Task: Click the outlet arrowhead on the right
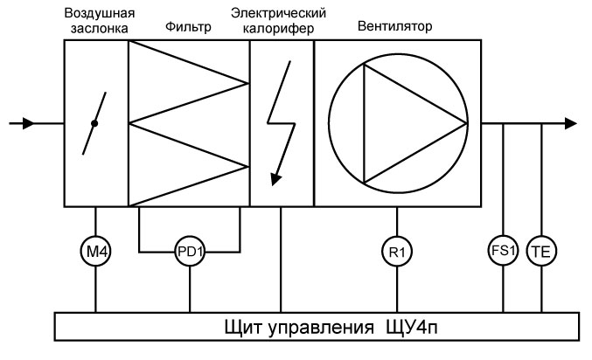point(570,124)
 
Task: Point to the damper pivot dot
point(94,124)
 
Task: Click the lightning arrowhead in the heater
point(276,178)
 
